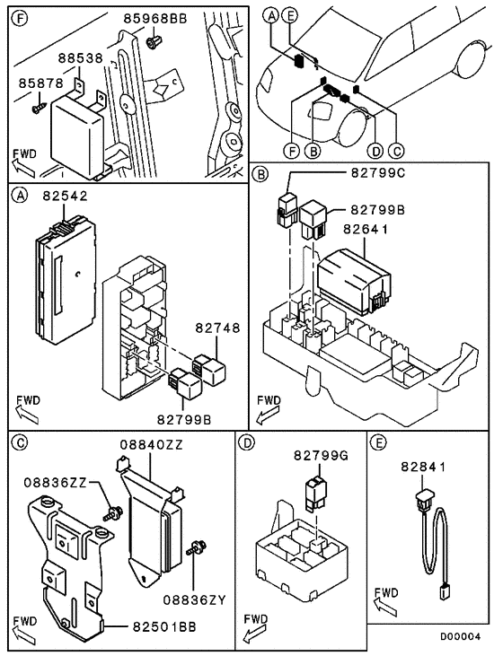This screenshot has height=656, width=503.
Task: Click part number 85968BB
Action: pyautogui.click(x=154, y=19)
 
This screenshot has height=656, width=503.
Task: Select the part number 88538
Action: pyautogui.click(x=80, y=58)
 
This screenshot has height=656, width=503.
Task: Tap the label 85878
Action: pyautogui.click(x=40, y=83)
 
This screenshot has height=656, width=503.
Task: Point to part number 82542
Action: pyautogui.click(x=65, y=196)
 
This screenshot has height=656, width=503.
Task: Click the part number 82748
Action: pyautogui.click(x=217, y=328)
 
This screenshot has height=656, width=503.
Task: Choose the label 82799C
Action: pyautogui.click(x=378, y=173)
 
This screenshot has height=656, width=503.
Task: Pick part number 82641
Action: pyautogui.click(x=366, y=229)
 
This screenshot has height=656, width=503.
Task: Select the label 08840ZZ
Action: pyautogui.click(x=152, y=444)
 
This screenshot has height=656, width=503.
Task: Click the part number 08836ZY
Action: pyautogui.click(x=194, y=600)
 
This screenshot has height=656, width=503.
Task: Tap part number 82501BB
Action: pyautogui.click(x=164, y=626)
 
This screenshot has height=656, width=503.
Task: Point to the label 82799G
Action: pyautogui.click(x=321, y=456)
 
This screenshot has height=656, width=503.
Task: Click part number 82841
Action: pyautogui.click(x=423, y=467)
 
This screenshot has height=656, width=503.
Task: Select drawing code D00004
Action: pyautogui.click(x=460, y=636)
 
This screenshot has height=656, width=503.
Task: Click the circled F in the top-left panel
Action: pyautogui.click(x=19, y=18)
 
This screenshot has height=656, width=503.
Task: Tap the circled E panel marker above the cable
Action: pyautogui.click(x=379, y=442)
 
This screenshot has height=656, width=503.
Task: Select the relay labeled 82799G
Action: pyautogui.click(x=317, y=494)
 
